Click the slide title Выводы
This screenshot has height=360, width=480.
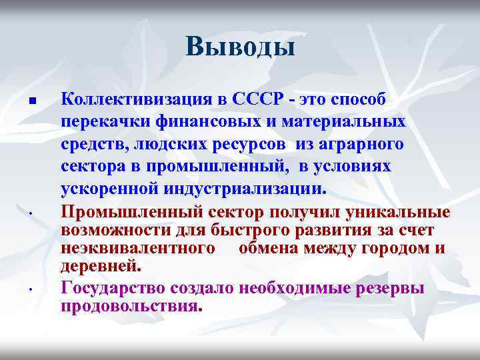point(240,47)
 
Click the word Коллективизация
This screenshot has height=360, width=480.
point(134,99)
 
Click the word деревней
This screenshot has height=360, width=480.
point(101,266)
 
